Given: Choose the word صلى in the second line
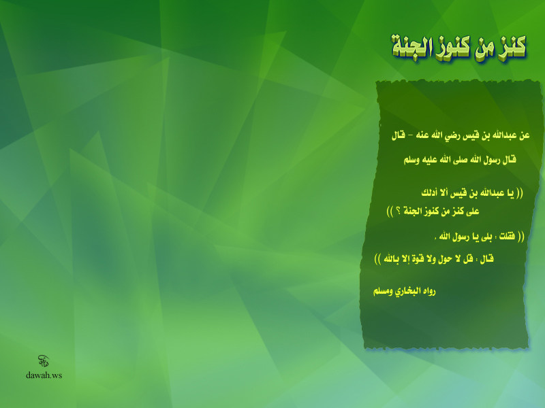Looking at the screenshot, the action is [x=461, y=160].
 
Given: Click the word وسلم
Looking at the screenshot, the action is [x=411, y=160].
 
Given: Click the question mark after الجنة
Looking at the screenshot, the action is [x=398, y=211].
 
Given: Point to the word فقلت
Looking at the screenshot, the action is [x=507, y=237].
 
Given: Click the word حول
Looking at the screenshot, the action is [x=446, y=259].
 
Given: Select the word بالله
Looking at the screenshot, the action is [x=392, y=259].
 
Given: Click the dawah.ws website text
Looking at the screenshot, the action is [x=44, y=375].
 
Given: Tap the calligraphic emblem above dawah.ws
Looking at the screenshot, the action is [x=44, y=361].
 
